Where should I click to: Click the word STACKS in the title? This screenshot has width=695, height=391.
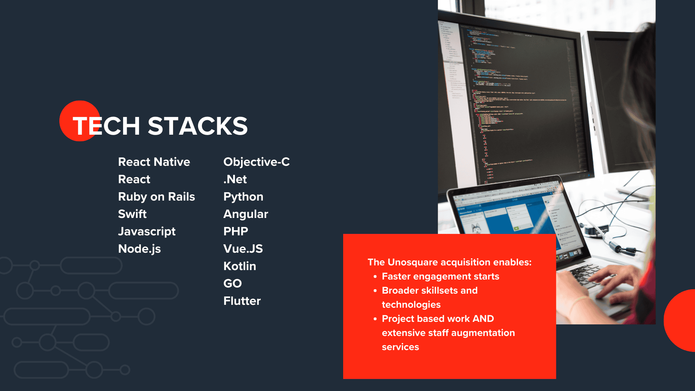[198, 126]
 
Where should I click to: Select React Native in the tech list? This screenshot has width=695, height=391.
[154, 162]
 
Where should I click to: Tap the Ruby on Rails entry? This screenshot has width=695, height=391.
[156, 197]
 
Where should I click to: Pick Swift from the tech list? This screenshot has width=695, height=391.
[132, 214]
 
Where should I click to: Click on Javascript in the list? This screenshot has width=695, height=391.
[147, 231]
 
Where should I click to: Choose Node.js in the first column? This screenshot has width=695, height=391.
[139, 249]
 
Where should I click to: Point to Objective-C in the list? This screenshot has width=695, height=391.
[256, 162]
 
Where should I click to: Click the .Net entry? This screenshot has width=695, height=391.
[235, 179]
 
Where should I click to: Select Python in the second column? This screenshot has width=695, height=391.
[243, 197]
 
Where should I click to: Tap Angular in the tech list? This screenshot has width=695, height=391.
[245, 214]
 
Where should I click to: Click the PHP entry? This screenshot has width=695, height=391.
[236, 231]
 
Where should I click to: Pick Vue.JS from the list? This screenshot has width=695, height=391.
[243, 249]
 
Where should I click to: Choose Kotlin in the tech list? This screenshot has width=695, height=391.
[240, 266]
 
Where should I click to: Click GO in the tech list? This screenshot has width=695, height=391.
[232, 283]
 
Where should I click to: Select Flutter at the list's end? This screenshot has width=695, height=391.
[242, 301]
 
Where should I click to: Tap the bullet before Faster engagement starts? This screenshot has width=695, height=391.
[375, 277]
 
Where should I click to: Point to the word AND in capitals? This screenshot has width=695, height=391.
[483, 319]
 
